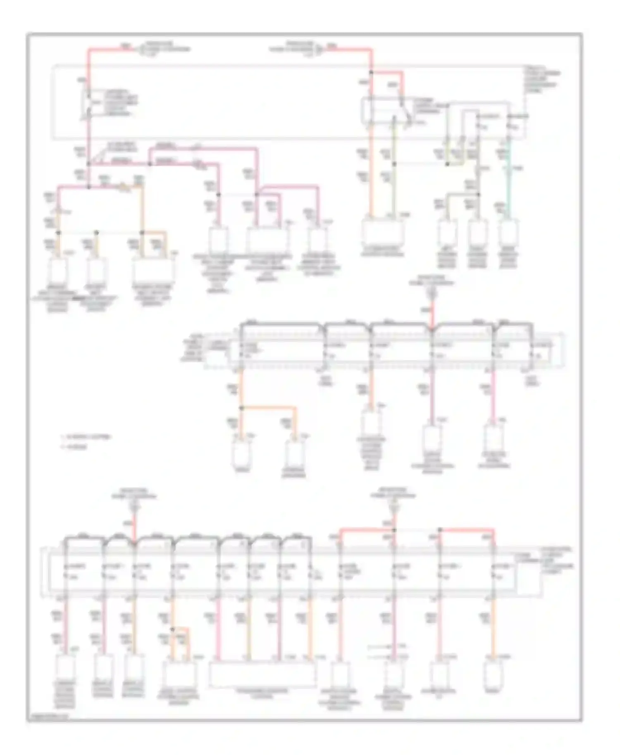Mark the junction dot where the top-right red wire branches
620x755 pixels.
[371, 72]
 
